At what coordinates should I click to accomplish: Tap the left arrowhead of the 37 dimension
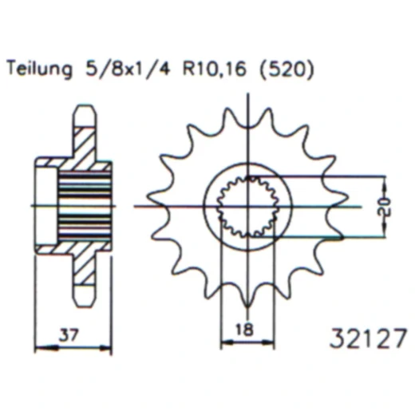click(37, 345)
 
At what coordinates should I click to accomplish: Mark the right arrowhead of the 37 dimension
click(109, 345)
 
